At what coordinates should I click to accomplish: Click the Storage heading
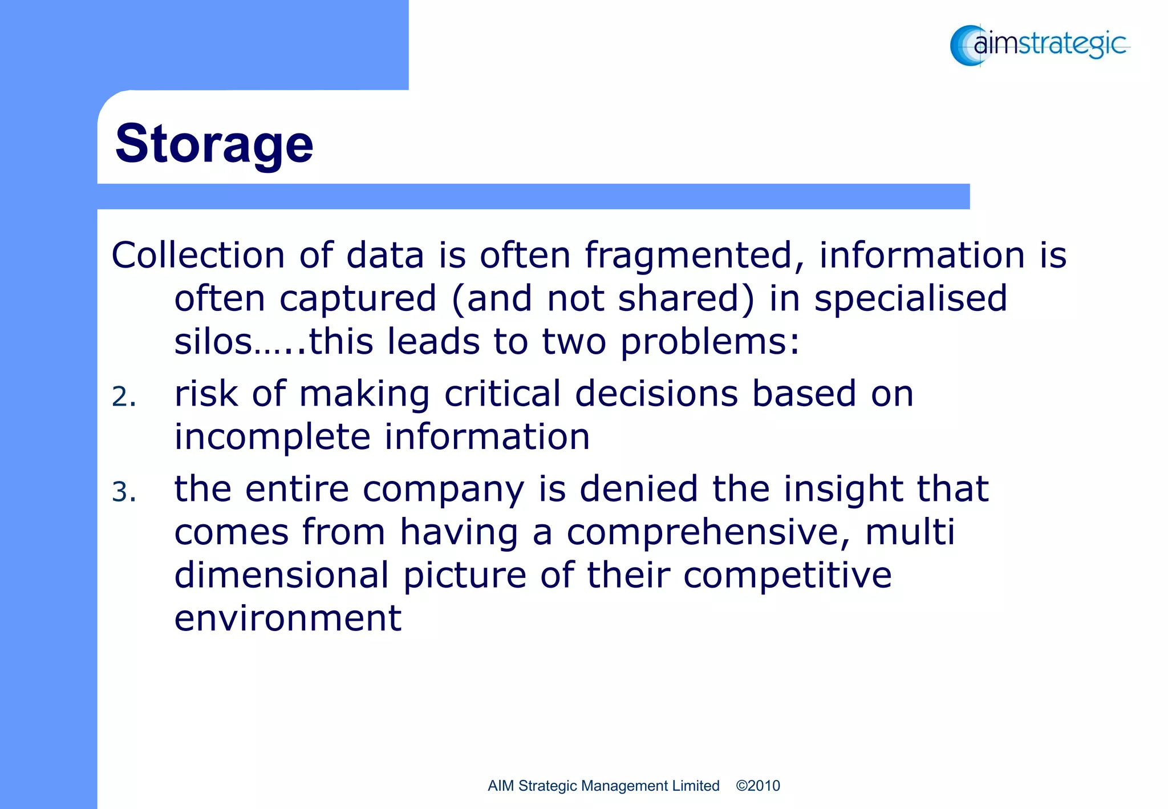point(214,144)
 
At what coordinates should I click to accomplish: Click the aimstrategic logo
point(1039,45)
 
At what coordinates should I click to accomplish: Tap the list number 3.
point(124,492)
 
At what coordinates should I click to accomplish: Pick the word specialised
point(910,298)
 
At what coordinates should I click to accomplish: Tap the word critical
point(502,394)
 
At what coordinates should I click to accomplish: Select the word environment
point(287,618)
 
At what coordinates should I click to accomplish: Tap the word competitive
point(787,575)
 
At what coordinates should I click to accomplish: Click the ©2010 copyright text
point(757,786)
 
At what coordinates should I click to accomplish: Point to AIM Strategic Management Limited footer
point(603,786)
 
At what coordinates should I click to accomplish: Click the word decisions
point(656,394)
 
